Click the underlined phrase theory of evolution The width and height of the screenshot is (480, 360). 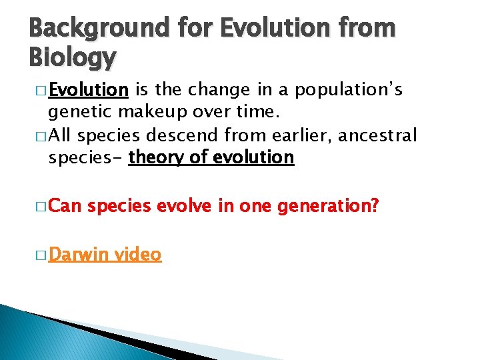(x=211, y=157)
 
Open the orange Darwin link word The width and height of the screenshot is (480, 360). (x=77, y=254)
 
